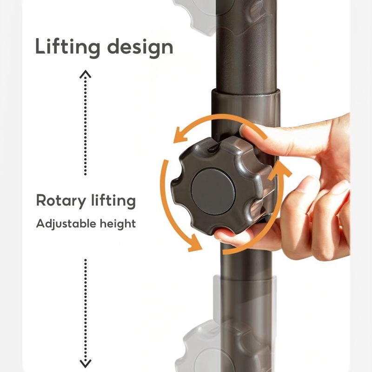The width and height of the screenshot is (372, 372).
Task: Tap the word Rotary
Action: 61,201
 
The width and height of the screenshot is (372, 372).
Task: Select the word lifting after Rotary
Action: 113,201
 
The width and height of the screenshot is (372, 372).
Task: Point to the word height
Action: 118,224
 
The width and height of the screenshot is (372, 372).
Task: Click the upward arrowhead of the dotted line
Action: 85,74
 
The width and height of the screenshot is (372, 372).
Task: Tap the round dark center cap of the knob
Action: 213,191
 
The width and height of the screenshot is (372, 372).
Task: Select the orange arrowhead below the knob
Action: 195,243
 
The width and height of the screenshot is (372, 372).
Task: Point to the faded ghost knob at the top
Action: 197,14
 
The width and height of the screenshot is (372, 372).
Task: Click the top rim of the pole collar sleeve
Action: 246,92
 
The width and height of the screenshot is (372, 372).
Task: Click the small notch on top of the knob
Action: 213,148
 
